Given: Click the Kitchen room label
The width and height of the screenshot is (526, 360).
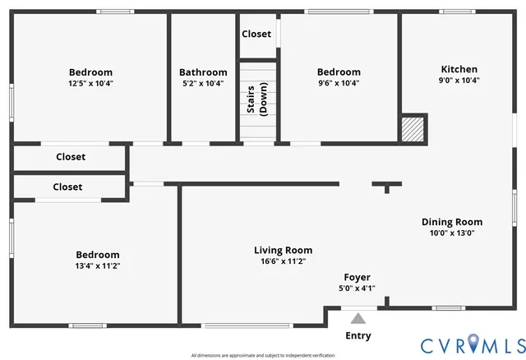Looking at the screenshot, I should click(x=459, y=69).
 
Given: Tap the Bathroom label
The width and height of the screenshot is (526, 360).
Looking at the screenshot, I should click(x=203, y=72).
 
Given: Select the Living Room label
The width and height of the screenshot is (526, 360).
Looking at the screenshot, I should click(x=283, y=250).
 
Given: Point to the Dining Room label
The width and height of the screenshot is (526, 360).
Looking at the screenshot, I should click(x=451, y=222).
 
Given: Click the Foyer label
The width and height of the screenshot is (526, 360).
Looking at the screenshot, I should click(x=357, y=277).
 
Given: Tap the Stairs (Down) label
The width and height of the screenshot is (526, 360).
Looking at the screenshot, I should click(x=258, y=99).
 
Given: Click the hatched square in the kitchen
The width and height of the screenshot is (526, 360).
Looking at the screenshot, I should click(x=413, y=129).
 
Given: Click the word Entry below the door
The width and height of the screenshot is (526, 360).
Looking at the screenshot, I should click(x=357, y=335).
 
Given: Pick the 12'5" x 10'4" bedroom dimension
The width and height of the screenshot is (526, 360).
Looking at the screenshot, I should click(x=90, y=83).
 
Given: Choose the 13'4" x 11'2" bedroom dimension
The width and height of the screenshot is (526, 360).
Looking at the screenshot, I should click(x=98, y=265).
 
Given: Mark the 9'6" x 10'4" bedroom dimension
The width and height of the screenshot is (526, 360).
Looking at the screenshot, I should click(x=339, y=83).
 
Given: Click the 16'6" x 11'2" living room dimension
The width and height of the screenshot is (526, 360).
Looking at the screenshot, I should click(x=283, y=261).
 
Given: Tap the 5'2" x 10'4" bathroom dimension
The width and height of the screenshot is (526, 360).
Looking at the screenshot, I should click(x=203, y=83).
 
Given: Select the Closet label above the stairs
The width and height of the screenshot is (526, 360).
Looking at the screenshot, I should click(x=256, y=34).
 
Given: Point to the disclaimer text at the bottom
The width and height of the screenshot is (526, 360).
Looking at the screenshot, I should click(x=263, y=355).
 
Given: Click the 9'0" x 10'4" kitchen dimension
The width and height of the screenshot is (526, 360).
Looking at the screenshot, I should click(x=459, y=81).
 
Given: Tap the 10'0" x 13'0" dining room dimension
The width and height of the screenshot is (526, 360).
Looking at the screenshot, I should click(x=451, y=233).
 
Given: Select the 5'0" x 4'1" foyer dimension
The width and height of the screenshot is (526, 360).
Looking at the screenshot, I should click(x=357, y=288).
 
